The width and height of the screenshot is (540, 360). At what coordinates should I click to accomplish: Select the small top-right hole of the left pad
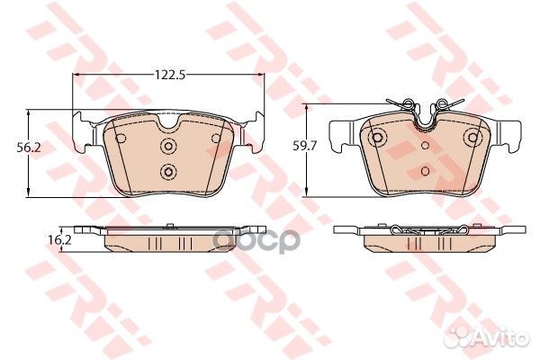[214, 138]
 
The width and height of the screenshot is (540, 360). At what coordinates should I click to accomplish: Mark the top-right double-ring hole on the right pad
[472, 138]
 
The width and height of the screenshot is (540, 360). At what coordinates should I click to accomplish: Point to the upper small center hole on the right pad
[425, 142]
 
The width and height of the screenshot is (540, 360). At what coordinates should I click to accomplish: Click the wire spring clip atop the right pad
[425, 106]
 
